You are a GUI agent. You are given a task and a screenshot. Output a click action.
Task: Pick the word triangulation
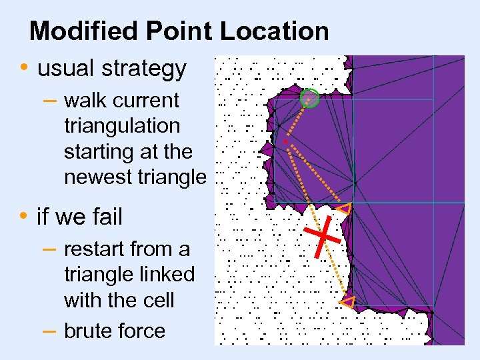click(122, 126)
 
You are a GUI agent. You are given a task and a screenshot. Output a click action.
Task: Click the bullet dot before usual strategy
click(24, 68)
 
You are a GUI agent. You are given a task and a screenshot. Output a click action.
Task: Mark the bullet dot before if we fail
click(24, 216)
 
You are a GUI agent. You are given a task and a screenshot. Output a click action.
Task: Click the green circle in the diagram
click(310, 99)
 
